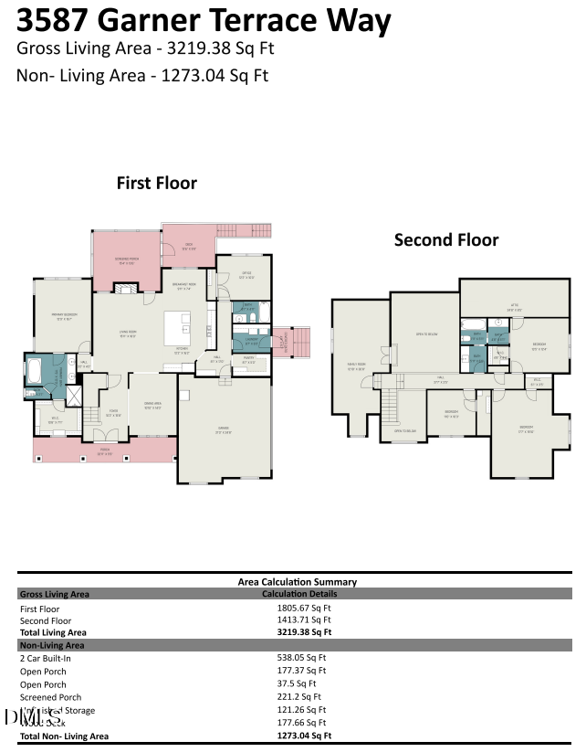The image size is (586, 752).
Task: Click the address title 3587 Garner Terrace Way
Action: pos(204,20)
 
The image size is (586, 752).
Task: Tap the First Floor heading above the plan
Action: pos(156,183)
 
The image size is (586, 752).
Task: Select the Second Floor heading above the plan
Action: pos(445,239)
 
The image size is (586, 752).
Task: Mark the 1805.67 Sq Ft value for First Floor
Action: pos(304,608)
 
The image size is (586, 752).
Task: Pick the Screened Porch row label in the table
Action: pos(50,697)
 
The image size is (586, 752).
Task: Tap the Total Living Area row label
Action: pos(53,631)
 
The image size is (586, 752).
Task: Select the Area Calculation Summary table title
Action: pos(297,581)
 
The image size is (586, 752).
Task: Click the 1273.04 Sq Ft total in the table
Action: pos(304,736)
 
